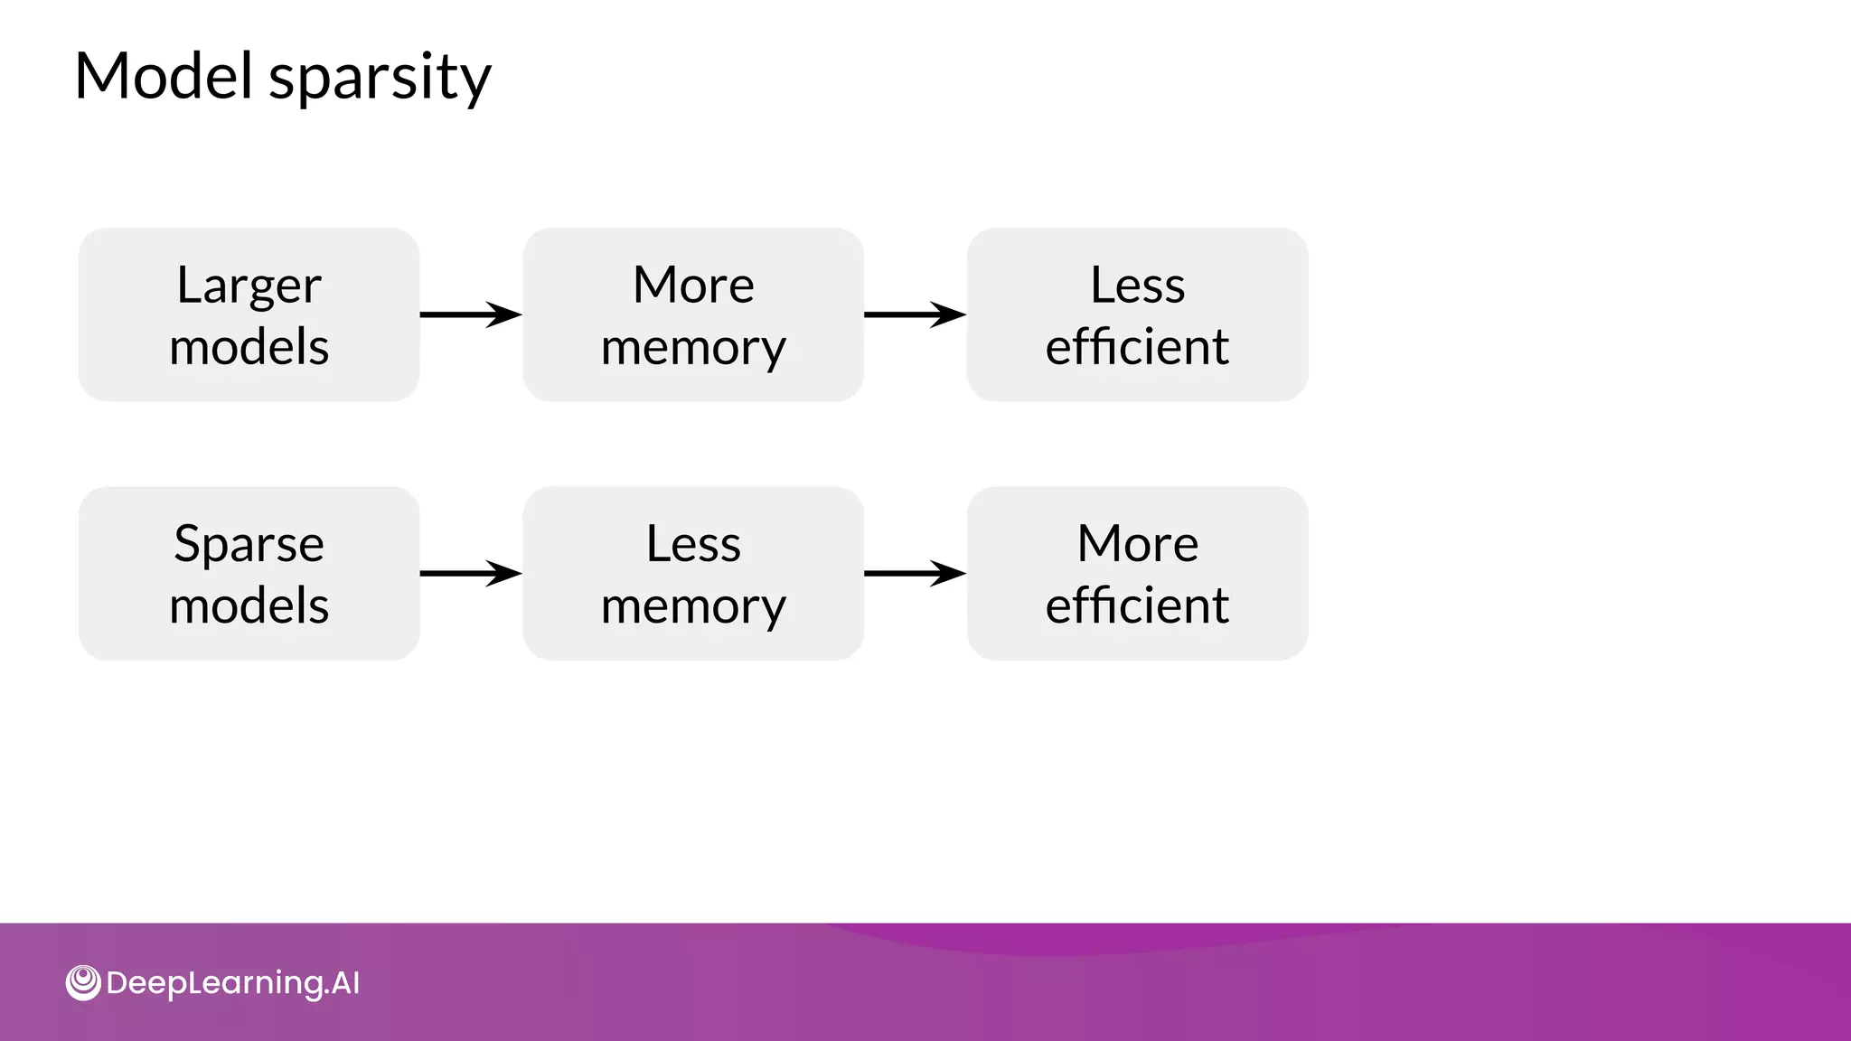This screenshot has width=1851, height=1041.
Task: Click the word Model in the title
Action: point(163,76)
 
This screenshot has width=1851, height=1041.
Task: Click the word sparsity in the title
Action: point(380,78)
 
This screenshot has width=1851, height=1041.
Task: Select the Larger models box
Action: point(249,314)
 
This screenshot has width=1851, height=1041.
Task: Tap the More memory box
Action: point(693,314)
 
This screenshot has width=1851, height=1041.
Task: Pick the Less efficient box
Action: point(1137,314)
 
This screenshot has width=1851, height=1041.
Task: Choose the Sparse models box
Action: point(249,573)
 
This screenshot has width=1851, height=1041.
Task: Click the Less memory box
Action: point(693,573)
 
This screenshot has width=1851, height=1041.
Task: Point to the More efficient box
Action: point(1137,573)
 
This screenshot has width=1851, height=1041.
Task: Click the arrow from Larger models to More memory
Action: point(471,314)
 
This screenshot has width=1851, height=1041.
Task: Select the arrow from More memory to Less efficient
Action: point(915,314)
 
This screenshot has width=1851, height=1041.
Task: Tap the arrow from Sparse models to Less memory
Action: point(471,573)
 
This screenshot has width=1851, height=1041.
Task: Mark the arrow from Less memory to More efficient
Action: point(915,573)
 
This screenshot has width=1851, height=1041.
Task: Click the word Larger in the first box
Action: point(249,286)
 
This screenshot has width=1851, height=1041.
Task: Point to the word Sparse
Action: point(249,544)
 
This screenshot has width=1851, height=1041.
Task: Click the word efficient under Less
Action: point(1137,346)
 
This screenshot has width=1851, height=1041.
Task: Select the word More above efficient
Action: point(1137,544)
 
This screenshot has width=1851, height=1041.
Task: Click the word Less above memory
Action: point(693,544)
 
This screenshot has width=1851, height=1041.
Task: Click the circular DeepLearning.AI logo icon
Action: point(83,982)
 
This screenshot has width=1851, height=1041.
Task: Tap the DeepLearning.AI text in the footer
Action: point(232,983)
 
